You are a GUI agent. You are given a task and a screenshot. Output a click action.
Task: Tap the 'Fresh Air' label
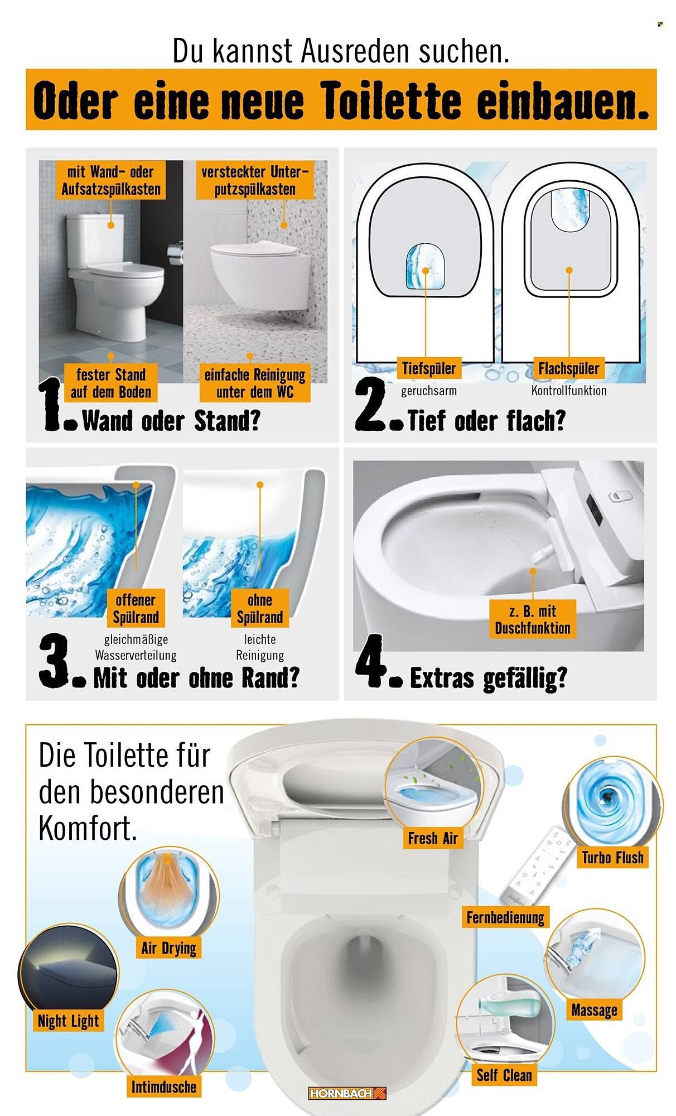coord(433,838)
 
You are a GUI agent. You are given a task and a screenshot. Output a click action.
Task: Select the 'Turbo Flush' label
coord(612,857)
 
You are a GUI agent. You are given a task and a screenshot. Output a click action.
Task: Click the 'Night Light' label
coord(68,1021)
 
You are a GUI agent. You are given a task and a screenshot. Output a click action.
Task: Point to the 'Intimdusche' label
coord(163,1086)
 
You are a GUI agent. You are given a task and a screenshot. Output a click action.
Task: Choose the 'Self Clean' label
coord(504,1075)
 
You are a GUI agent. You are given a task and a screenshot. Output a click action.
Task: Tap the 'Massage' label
coord(594,1010)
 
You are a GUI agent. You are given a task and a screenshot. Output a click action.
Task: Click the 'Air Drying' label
coord(168,947)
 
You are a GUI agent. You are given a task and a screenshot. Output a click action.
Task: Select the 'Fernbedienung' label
coord(505,917)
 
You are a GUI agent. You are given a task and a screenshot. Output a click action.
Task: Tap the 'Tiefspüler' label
coord(429,368)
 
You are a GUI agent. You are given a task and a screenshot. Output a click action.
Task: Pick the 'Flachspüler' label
coord(568,368)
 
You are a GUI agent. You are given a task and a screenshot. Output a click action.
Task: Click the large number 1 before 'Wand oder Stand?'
coord(53,405)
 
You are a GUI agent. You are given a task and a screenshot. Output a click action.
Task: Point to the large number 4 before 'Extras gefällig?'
coord(371,661)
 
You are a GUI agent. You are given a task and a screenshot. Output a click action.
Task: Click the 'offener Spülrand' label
coord(136,608)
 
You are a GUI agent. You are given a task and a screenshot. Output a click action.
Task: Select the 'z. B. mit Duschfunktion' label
coord(532,619)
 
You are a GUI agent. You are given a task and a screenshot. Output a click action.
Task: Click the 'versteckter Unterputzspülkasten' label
coord(254,180)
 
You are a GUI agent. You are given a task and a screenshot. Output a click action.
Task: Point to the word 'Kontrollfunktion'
coord(568,391)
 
